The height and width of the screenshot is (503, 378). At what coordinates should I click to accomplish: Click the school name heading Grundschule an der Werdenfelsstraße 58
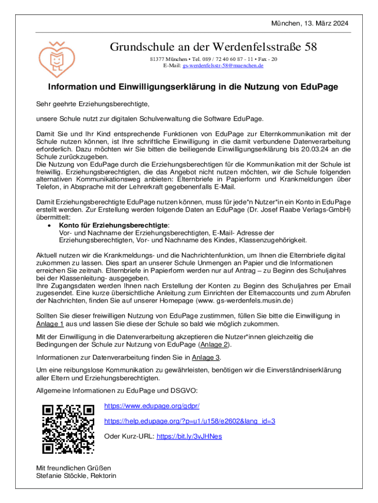coord(213,47)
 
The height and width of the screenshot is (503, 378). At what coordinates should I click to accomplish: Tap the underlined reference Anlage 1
coord(50,324)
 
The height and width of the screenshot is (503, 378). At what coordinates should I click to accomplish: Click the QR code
coord(69,429)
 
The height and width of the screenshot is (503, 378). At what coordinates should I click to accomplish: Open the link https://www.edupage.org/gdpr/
coord(152,406)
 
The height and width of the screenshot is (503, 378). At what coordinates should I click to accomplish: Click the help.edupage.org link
coord(189,421)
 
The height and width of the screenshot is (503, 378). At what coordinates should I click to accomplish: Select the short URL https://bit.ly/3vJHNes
coord(189,436)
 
